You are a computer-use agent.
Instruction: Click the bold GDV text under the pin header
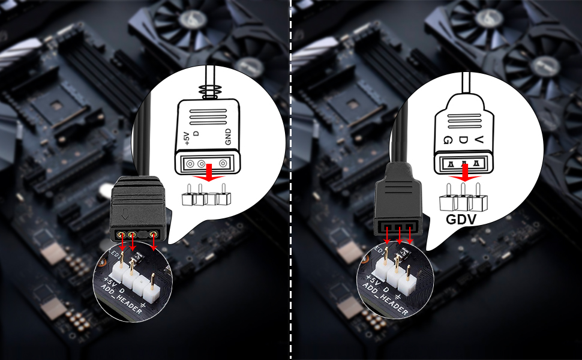pyautogui.click(x=462, y=219)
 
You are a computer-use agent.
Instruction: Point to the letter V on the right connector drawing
pyautogui.click(x=478, y=139)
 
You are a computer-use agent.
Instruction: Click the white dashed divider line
pyautogui.click(x=291, y=180)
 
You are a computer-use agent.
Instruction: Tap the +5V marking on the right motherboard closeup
pyautogui.click(x=373, y=281)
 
